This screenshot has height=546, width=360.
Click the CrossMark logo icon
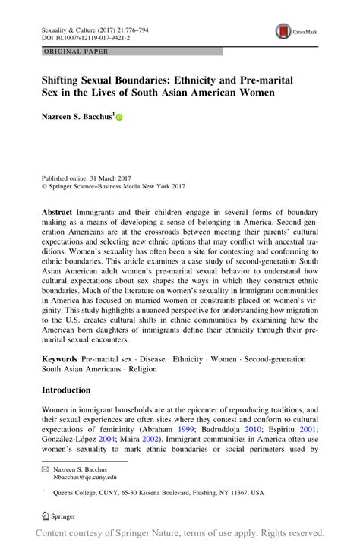click(x=283, y=32)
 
